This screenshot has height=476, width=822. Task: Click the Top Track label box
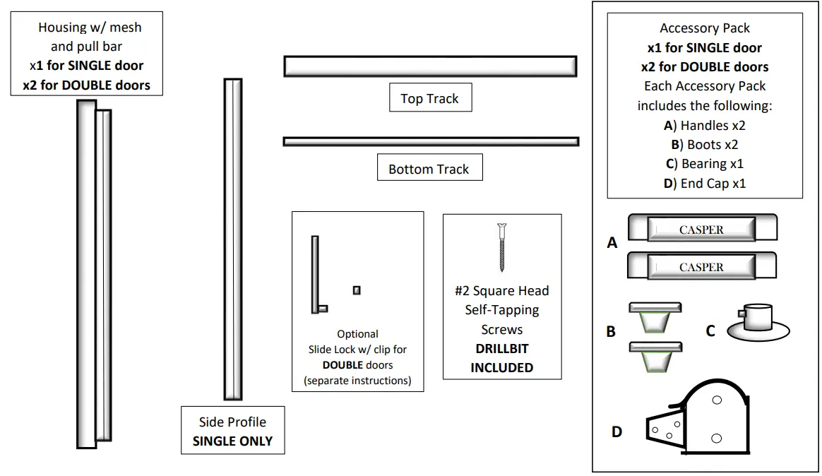click(430, 97)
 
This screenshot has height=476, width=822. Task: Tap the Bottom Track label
click(430, 167)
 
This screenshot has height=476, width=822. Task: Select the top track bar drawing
click(430, 66)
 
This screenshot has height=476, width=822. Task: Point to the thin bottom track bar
click(431, 141)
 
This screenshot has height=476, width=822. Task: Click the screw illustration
click(501, 247)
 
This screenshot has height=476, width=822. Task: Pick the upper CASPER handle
click(703, 227)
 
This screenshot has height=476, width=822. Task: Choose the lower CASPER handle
click(702, 266)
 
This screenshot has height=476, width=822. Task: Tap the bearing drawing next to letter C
click(758, 323)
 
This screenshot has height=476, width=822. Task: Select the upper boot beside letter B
click(655, 317)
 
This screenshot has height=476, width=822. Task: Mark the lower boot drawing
click(655, 357)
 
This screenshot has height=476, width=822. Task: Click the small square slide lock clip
click(357, 290)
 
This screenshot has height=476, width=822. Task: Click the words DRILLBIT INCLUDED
click(501, 358)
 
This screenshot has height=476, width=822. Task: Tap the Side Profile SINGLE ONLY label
click(233, 430)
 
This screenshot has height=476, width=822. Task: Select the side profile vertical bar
click(233, 239)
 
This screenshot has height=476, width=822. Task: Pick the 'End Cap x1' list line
click(705, 184)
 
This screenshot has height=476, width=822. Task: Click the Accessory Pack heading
click(705, 28)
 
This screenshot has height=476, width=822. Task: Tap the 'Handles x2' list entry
click(705, 125)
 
